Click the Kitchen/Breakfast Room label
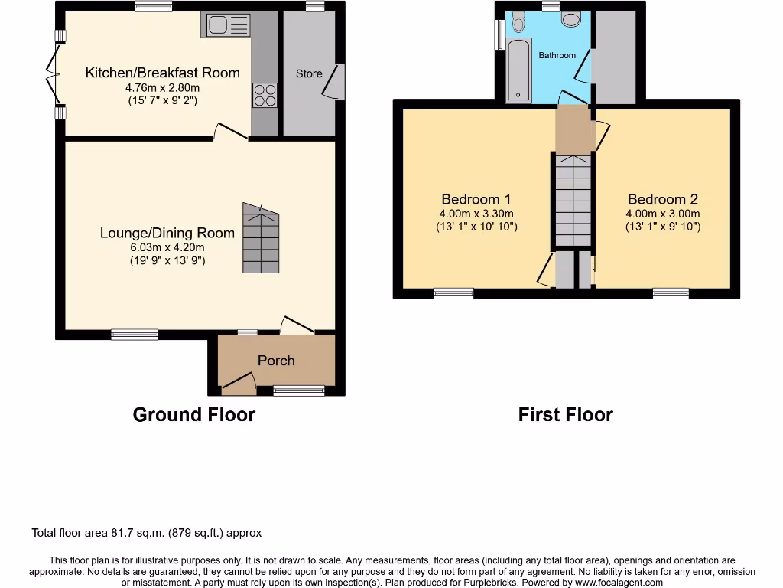pyautogui.click(x=162, y=73)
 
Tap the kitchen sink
pyautogui.click(x=226, y=25)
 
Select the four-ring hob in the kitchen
pyautogui.click(x=265, y=95)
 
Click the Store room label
pyautogui.click(x=309, y=73)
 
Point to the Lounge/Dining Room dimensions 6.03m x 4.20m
pyautogui.click(x=167, y=247)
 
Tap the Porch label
pyautogui.click(x=276, y=361)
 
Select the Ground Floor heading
pyautogui.click(x=193, y=415)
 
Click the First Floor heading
pyautogui.click(x=565, y=415)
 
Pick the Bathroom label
pyautogui.click(x=557, y=55)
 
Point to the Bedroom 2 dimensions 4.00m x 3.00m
pyautogui.click(x=662, y=214)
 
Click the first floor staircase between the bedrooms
pyautogui.click(x=573, y=199)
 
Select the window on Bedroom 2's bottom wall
pyautogui.click(x=671, y=292)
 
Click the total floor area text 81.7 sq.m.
pyautogui.click(x=147, y=533)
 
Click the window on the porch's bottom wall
pyautogui.click(x=299, y=390)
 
